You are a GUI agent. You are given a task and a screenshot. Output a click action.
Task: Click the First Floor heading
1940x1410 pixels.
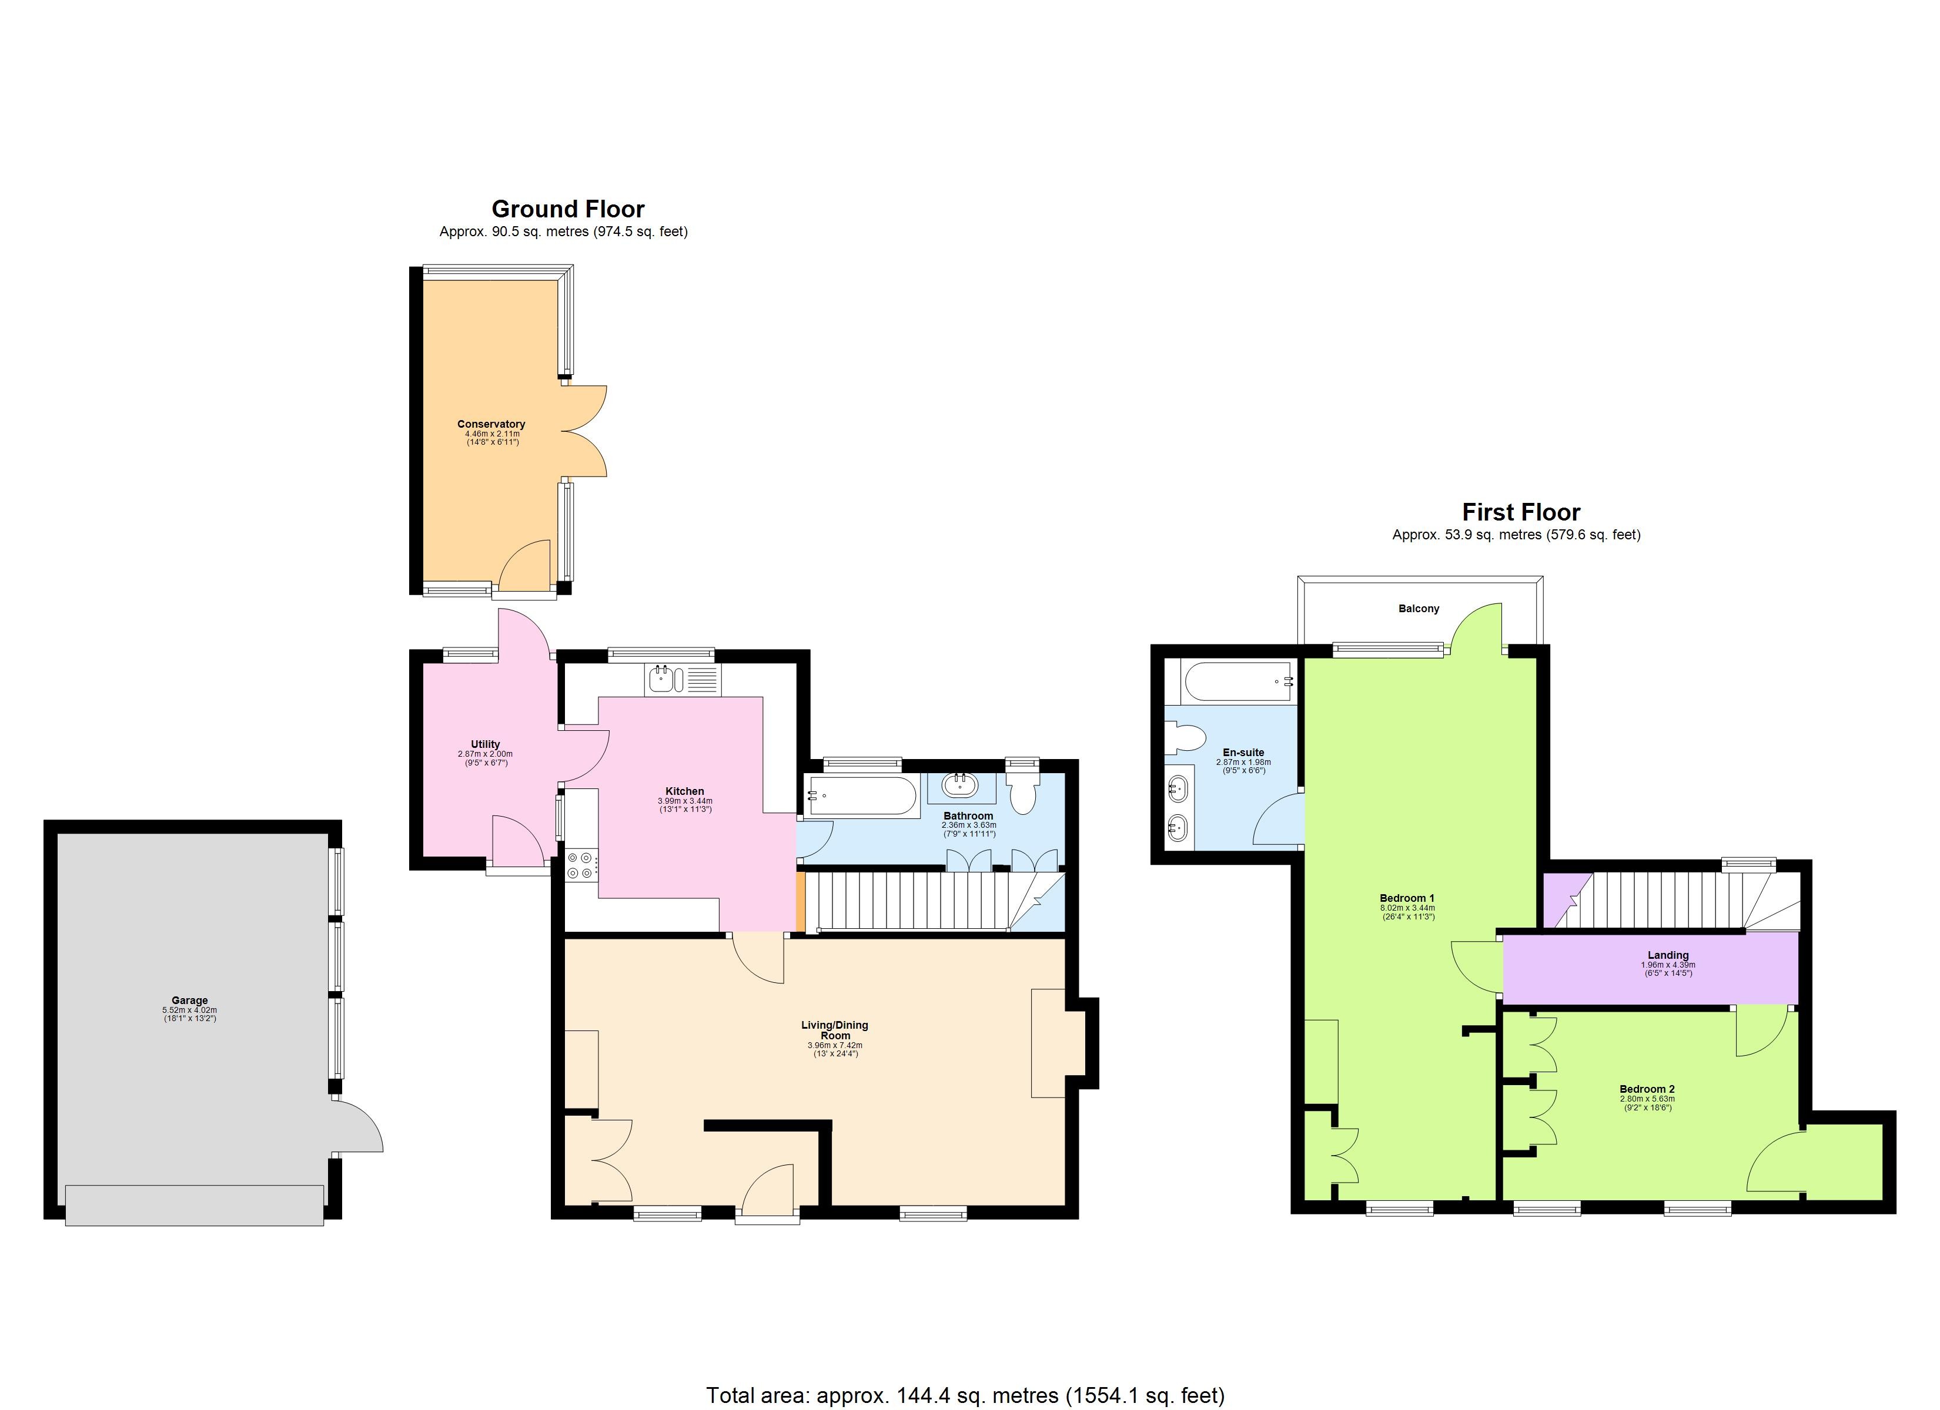pos(1521,512)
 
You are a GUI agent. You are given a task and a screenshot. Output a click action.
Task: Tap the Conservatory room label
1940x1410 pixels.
pos(491,424)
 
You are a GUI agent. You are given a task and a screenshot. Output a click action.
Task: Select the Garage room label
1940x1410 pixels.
pos(189,1001)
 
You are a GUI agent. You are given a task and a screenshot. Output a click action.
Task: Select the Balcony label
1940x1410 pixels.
pos(1419,609)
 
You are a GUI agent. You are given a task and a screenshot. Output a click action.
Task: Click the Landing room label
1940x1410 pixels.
pos(1668,955)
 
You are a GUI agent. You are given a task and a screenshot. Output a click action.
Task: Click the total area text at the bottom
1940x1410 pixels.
pos(965,1395)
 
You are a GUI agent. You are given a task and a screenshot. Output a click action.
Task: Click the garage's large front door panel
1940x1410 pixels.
pos(194,1205)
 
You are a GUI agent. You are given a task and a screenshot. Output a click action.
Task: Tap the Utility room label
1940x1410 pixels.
pos(485,744)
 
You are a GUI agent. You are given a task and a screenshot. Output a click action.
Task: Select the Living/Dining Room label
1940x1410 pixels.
pos(835,1029)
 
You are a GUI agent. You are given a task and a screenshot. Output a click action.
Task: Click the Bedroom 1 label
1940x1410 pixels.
pos(1407,898)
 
